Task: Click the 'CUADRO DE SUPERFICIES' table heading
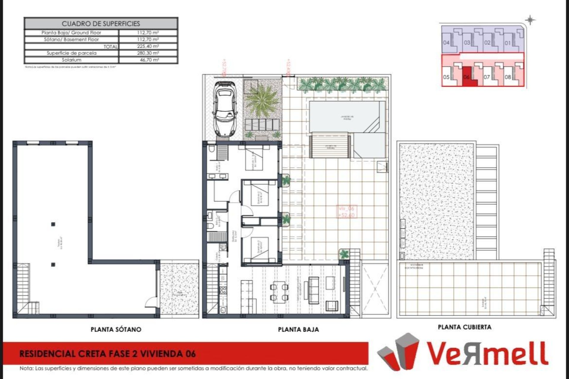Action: [101, 24]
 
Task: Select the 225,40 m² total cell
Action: [148, 46]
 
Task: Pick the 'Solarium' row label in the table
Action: [71, 60]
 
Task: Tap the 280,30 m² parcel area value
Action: [148, 53]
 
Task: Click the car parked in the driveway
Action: [224, 109]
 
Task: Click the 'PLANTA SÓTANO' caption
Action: [116, 329]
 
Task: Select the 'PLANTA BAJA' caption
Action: [298, 329]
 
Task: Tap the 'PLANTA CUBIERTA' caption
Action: [464, 327]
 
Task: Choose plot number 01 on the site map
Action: [508, 43]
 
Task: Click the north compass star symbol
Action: [530, 20]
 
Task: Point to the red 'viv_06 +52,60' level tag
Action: [346, 212]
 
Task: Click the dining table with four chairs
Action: [279, 292]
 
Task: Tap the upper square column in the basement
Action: [53, 224]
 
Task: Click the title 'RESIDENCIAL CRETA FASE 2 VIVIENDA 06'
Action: [107, 354]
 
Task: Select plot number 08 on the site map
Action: [508, 77]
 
